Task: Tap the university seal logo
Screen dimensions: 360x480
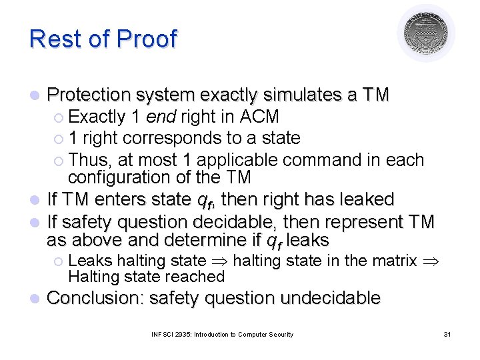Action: tap(427, 33)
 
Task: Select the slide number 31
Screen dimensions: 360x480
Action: tap(447, 334)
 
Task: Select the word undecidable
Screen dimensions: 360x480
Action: tap(330, 298)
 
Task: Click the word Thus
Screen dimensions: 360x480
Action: tap(86, 160)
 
